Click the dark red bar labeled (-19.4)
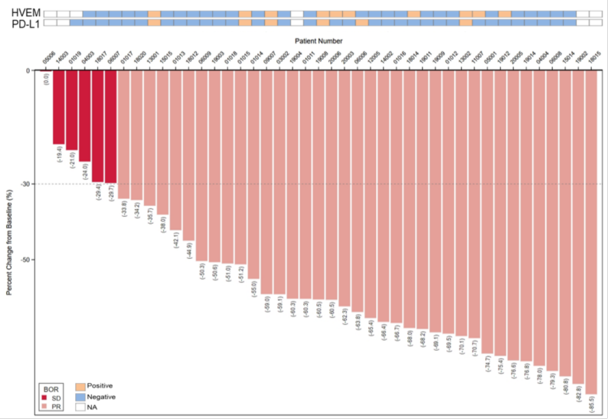click(x=58, y=107)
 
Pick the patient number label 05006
click(x=46, y=58)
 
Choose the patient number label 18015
click(x=591, y=58)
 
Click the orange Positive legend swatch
click(x=80, y=386)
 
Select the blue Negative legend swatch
click(x=80, y=396)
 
